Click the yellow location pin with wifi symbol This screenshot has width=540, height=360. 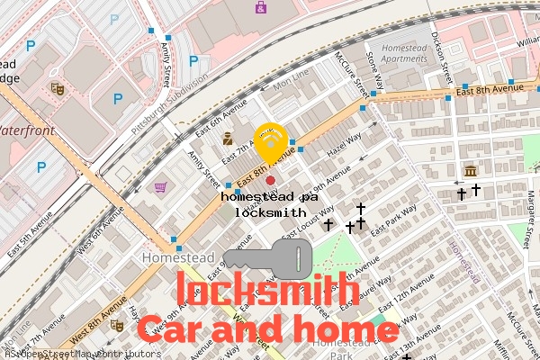(x=271, y=140)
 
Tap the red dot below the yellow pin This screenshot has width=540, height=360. (x=270, y=181)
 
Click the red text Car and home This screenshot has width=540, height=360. (x=267, y=330)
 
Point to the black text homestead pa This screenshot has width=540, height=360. (x=270, y=195)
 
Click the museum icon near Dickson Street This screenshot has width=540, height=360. (x=470, y=171)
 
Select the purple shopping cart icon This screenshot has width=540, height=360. (x=160, y=187)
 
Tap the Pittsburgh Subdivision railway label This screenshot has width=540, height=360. (x=169, y=103)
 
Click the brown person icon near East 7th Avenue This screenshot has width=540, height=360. (x=229, y=139)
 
